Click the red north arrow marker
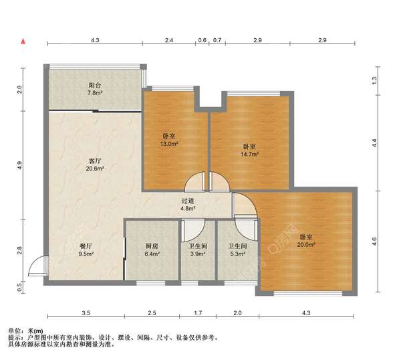click(x=23, y=41)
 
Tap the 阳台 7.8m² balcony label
click(x=95, y=89)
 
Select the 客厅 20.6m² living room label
click(x=95, y=165)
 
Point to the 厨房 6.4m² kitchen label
click(x=152, y=250)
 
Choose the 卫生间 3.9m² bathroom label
click(x=198, y=250)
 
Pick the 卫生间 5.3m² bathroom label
click(x=237, y=250)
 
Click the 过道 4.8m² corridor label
click(x=188, y=205)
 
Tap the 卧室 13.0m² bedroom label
click(x=169, y=140)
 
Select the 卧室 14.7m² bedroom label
click(x=249, y=151)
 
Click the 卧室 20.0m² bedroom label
click(x=306, y=241)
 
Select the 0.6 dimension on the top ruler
click(x=202, y=40)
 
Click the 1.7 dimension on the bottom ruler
click(x=198, y=313)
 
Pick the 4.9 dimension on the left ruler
click(x=19, y=165)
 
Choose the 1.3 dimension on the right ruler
click(x=374, y=80)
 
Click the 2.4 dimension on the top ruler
click(x=169, y=40)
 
